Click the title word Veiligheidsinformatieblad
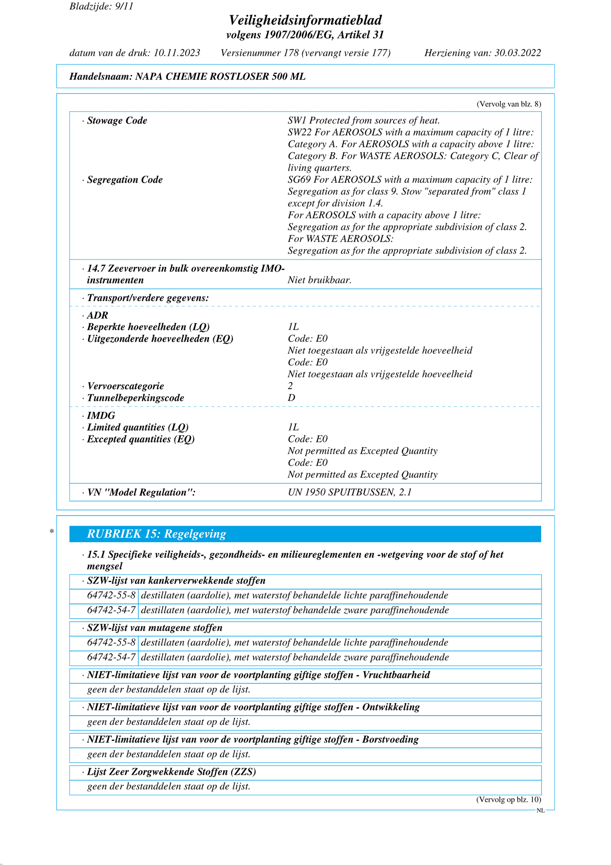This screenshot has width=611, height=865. click(x=305, y=20)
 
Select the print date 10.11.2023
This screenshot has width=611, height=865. click(x=177, y=53)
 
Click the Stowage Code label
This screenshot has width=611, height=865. click(x=117, y=121)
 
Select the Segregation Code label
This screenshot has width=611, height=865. click(x=125, y=180)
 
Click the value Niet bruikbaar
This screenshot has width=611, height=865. click(x=320, y=280)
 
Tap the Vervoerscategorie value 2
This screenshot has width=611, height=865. click(x=290, y=386)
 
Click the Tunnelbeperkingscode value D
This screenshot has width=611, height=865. click(x=291, y=398)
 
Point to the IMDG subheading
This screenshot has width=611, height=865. click(x=101, y=415)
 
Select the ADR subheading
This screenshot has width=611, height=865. click(x=98, y=315)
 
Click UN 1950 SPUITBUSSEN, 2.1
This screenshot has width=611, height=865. click(x=350, y=492)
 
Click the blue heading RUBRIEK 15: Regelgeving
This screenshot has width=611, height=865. click(x=156, y=534)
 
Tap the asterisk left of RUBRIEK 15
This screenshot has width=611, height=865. click(x=52, y=532)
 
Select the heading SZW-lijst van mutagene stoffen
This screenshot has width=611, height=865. click(x=154, y=628)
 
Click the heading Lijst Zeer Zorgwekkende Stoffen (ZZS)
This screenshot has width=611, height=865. click(x=171, y=772)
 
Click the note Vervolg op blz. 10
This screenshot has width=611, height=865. click(x=508, y=799)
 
